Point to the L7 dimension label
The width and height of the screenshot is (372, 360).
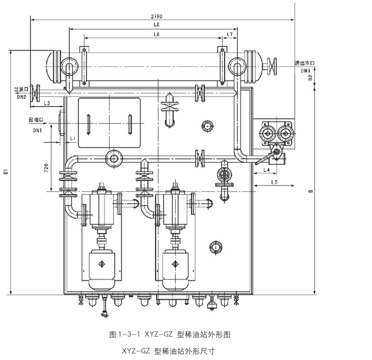click(x=229, y=35)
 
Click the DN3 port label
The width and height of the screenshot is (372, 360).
click(x=305, y=70)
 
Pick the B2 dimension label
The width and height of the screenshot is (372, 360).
click(x=310, y=78)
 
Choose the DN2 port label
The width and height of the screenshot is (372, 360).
click(x=21, y=97)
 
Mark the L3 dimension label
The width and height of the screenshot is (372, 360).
click(x=47, y=103)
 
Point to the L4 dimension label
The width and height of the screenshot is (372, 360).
click(x=265, y=170)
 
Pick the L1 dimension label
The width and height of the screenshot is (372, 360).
click(x=71, y=139)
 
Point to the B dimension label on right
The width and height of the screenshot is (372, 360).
click(x=310, y=191)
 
